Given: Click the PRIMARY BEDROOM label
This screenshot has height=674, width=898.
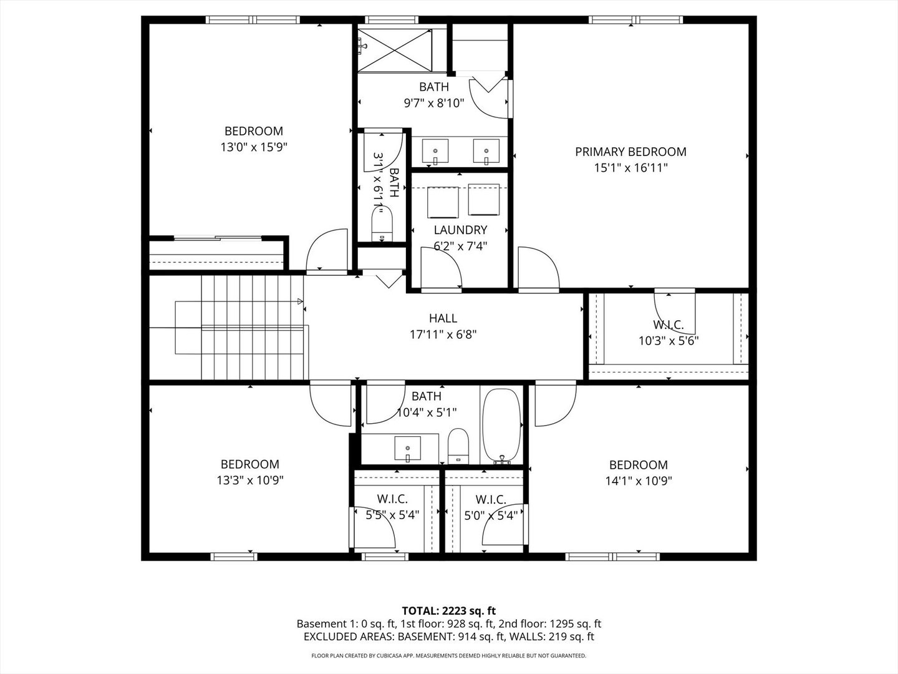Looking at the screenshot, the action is (630, 152).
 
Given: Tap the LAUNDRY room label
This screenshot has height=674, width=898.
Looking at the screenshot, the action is (460, 230).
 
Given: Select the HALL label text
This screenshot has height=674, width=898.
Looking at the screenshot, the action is (443, 318).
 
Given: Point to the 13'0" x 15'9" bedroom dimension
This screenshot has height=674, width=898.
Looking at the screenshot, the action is (254, 147).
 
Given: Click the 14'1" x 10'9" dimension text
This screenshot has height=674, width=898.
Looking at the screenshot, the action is (639, 481).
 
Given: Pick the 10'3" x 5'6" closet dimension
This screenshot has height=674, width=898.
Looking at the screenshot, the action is (669, 341).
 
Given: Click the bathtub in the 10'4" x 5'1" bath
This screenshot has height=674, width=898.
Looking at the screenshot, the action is (501, 426).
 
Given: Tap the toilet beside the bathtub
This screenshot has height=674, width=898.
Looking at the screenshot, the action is (458, 446).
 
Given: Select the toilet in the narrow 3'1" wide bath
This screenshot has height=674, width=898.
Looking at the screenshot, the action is (382, 224).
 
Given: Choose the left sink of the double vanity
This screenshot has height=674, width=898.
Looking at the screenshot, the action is (435, 150).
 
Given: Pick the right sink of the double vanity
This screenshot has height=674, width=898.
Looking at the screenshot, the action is (486, 150).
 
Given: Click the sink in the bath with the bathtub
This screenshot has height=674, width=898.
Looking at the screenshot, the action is (407, 448).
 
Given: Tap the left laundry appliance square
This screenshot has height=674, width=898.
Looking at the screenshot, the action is (443, 202).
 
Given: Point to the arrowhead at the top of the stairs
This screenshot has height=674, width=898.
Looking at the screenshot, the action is (301, 301).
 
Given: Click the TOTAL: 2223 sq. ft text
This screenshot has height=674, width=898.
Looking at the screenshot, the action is (449, 611).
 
